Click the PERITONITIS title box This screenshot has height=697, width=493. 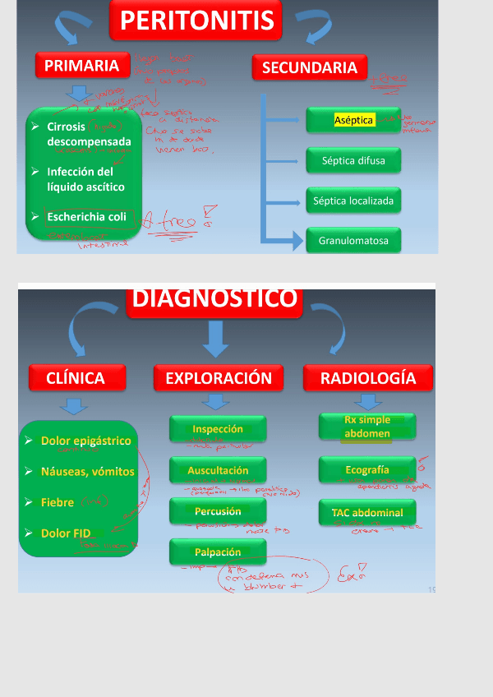pos(196,20)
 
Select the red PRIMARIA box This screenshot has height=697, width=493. pos(82,66)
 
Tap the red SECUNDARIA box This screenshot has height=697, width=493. pos(309,68)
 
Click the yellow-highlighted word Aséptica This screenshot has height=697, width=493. pos(354,120)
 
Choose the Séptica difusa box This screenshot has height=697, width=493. pos(353,160)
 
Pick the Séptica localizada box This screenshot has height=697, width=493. pos(353,201)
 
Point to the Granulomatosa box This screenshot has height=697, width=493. pos(353,241)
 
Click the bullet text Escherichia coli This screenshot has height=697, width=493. pos(86,217)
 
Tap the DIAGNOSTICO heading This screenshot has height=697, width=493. pos(215,298)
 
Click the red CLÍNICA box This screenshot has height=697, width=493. pos(76,378)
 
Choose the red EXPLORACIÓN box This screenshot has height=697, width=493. pos(218,378)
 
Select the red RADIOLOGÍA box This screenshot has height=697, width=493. pos(367,378)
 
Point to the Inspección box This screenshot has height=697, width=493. pos(218,429)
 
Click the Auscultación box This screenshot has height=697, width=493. pos(218,470)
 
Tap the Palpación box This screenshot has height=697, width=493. pos(218,552)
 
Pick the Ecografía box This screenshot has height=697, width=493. pos(367,470)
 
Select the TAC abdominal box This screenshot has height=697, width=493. pos(367,513)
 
